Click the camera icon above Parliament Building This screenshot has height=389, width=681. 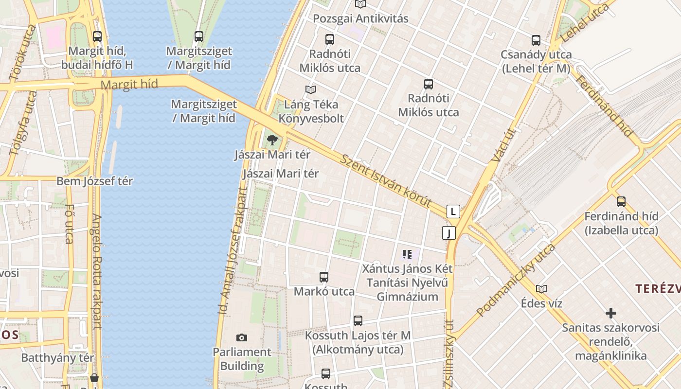[241, 337]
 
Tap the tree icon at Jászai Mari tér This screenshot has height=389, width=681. [272, 141]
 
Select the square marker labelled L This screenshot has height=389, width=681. [453, 212]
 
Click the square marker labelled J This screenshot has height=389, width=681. [448, 233]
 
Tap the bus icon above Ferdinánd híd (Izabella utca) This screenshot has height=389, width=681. [621, 202]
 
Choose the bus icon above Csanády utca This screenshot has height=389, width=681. [536, 40]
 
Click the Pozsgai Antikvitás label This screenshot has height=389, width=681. [360, 19]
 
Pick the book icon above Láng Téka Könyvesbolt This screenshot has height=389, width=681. [311, 90]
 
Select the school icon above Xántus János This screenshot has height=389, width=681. [407, 254]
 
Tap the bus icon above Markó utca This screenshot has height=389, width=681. [324, 277]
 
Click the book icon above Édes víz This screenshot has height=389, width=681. [541, 289]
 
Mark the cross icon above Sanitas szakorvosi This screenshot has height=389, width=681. [611, 313]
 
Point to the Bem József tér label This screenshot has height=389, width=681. [95, 181]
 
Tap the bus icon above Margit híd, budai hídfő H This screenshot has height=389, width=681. [97, 36]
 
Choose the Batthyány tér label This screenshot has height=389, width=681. [57, 358]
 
